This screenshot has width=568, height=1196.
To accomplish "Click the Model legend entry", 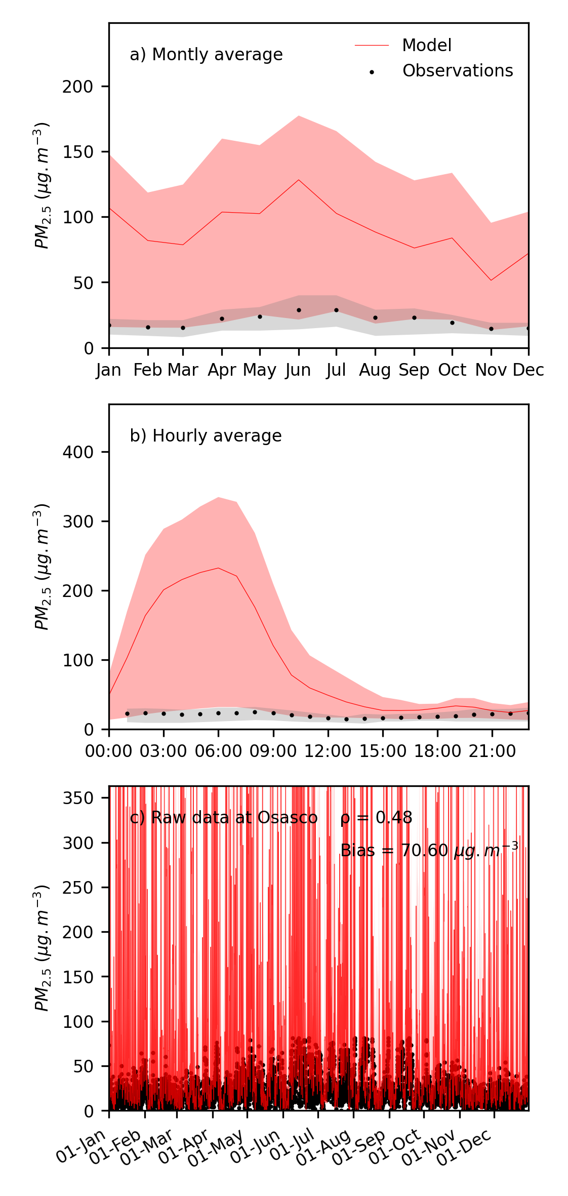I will (x=426, y=46).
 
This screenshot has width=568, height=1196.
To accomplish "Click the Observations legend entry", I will (x=457, y=71).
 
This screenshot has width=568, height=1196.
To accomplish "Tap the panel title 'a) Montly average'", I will (x=206, y=55).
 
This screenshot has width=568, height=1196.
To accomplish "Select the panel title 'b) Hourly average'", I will (x=206, y=436).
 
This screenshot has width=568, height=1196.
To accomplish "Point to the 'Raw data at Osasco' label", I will (x=234, y=818).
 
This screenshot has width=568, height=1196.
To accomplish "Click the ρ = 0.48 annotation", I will (x=376, y=818).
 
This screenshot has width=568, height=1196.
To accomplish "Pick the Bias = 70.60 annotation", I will (x=429, y=850).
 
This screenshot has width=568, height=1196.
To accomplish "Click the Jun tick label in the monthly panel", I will (x=298, y=371).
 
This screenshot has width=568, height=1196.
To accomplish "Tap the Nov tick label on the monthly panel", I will (x=491, y=371).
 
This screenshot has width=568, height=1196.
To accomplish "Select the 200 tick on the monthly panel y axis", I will (x=78, y=87).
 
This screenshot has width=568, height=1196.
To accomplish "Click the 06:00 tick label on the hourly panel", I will (x=218, y=751).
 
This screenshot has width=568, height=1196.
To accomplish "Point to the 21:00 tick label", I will (x=492, y=751).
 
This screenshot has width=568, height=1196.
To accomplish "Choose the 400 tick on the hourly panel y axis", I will (x=78, y=452).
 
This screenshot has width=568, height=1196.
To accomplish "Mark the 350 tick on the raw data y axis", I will (x=78, y=798).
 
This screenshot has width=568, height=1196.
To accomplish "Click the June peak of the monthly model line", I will (x=299, y=180).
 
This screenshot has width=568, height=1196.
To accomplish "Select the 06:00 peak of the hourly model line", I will (x=218, y=568).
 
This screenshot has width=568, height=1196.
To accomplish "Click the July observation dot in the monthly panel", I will (x=336, y=310).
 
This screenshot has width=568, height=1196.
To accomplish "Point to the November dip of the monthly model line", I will (x=491, y=281).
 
